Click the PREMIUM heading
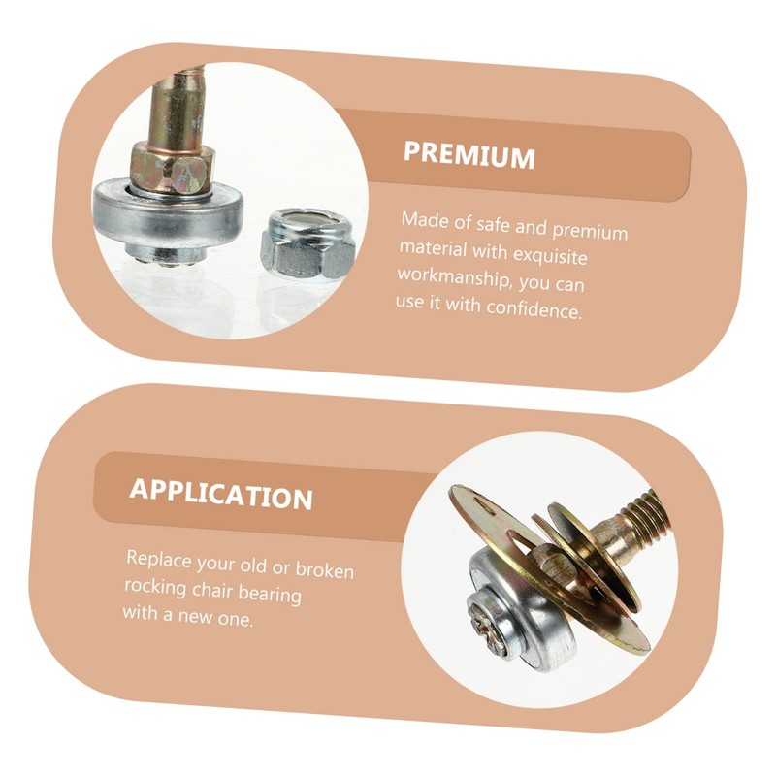(469, 156)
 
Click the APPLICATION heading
(221, 495)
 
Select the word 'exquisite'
(550, 254)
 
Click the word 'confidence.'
(533, 308)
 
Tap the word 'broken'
(325, 570)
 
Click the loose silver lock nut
(308, 243)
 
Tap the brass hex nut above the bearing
(174, 169)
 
